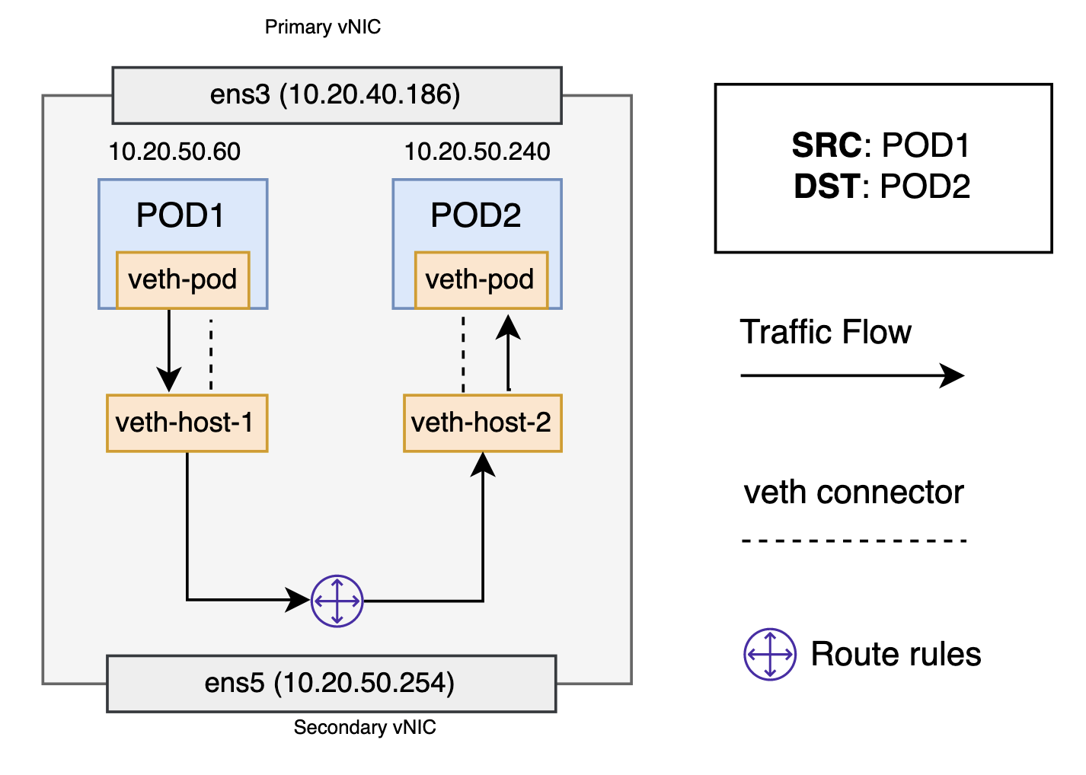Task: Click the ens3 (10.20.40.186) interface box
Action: tap(337, 95)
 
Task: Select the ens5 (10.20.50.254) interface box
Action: tap(331, 683)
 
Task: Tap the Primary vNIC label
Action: tap(322, 27)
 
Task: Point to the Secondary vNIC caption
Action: tap(365, 727)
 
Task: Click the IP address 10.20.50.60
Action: tap(174, 151)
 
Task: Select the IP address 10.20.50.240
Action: tap(477, 151)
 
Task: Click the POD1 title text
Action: tap(180, 215)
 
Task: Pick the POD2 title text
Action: tap(476, 215)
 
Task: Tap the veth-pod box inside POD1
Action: tap(183, 280)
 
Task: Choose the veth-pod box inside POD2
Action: tap(481, 280)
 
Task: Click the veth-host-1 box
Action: tap(187, 423)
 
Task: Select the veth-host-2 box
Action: tap(482, 423)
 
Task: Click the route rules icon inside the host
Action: tap(337, 601)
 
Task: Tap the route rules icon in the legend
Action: tap(770, 654)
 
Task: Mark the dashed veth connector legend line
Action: tap(854, 541)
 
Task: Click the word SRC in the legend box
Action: tap(826, 145)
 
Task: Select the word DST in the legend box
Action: tap(826, 187)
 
